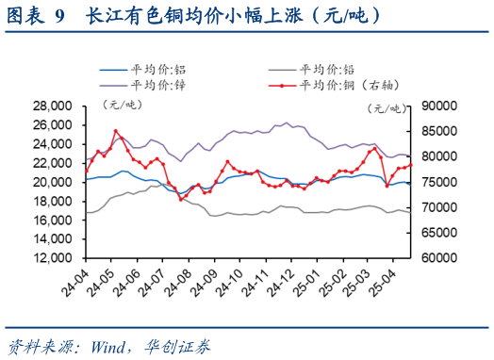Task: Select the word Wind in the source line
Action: coord(111,344)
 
